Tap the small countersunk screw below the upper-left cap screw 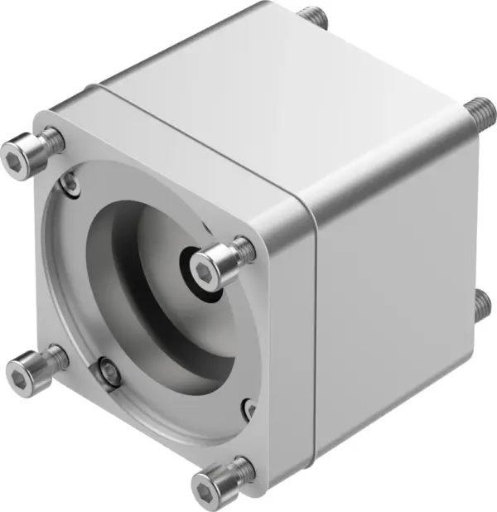[x=72, y=184]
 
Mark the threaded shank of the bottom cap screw [x=243, y=470]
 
